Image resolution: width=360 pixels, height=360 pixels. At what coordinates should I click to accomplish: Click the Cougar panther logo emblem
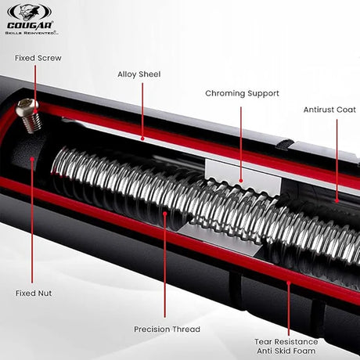coord(29,12)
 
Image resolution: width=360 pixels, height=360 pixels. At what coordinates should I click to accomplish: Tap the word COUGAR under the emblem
coord(30,26)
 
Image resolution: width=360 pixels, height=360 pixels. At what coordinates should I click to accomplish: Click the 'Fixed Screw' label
coord(38,58)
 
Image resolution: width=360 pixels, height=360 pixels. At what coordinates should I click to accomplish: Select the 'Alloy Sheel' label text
coord(139,74)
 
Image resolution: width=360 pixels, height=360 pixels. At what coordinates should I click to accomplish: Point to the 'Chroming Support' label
coord(242,94)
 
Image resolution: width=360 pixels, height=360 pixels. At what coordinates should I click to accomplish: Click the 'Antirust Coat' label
coord(329,110)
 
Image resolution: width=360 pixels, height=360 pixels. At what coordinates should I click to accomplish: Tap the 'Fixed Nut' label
coord(34,293)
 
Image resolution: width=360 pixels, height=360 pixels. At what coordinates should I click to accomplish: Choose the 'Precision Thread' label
coord(167,329)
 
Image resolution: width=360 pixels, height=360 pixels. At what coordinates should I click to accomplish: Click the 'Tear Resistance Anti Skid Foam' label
coord(286,346)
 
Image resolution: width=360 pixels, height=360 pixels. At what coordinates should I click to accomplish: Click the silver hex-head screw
coord(28,115)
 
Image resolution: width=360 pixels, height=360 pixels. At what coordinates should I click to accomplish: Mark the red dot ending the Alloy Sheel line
coord(142,139)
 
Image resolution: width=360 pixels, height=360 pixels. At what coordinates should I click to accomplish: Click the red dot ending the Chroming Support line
coord(241,180)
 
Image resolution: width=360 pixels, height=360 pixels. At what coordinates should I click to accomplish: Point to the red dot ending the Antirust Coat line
coord(337,201)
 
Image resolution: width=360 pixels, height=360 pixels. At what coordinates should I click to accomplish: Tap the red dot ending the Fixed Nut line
coord(32,158)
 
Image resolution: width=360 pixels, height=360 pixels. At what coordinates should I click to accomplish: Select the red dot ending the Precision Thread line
coord(165,214)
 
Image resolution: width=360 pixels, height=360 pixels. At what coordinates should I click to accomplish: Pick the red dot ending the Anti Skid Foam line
coord(289,283)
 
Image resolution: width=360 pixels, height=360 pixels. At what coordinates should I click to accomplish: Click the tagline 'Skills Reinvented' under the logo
coord(31,33)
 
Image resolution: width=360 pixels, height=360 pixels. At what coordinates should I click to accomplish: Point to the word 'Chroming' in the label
coord(225,94)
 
